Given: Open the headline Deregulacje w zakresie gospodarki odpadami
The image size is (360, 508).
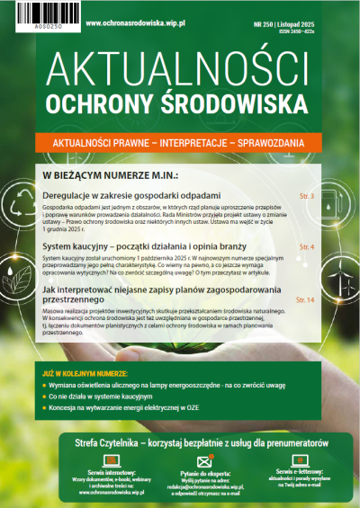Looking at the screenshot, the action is [131, 195].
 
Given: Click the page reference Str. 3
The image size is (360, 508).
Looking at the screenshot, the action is [306, 195].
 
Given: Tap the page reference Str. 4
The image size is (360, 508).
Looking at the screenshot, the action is [306, 245].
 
